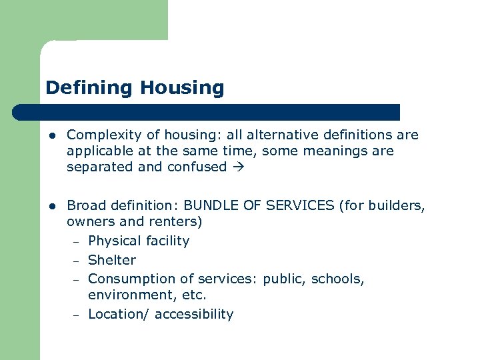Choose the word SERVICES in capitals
[301, 206]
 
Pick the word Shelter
[111, 260]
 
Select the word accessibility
[194, 314]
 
